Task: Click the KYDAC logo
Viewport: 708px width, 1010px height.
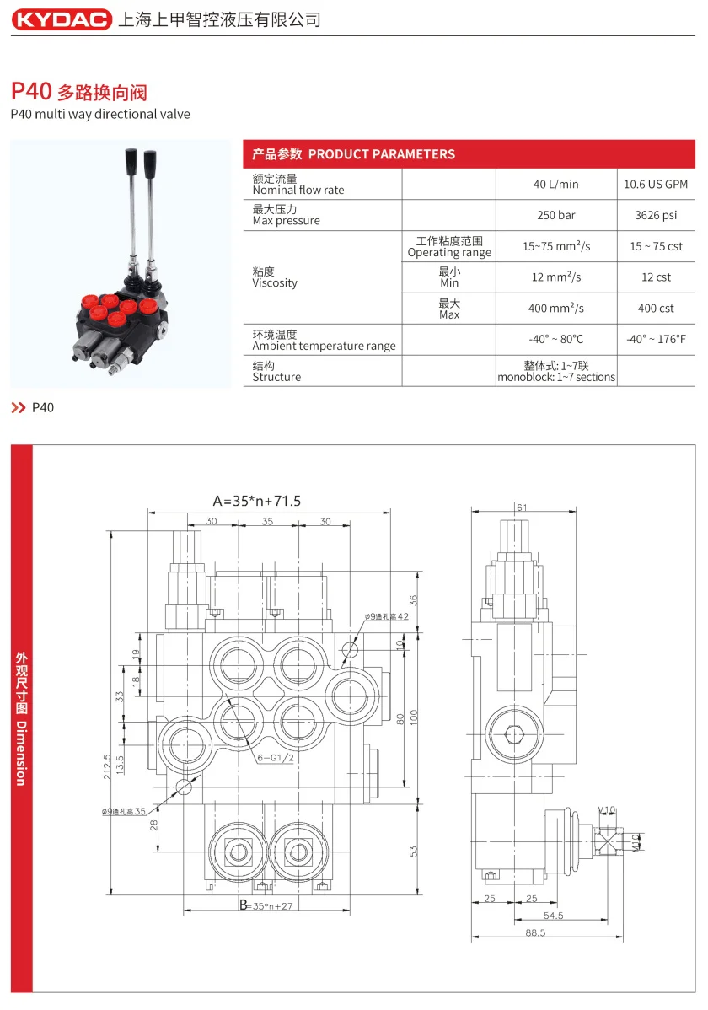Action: tap(62, 19)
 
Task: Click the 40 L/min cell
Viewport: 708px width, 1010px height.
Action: tap(555, 184)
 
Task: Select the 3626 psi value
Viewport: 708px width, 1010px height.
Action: tap(656, 215)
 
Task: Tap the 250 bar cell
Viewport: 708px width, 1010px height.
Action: tap(555, 215)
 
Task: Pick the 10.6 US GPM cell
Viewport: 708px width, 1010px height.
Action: tap(656, 184)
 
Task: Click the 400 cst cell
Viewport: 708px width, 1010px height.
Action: tap(656, 309)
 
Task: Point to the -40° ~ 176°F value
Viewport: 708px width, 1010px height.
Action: tap(656, 339)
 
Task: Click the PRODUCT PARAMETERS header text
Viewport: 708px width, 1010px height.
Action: tap(381, 154)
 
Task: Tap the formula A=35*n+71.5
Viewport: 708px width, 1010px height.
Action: tap(256, 501)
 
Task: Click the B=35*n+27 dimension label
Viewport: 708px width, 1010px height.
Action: tap(254, 906)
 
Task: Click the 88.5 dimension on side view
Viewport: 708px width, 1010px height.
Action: tap(535, 933)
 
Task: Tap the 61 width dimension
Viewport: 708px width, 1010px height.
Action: tap(522, 507)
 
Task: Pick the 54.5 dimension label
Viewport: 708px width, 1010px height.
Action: tap(553, 915)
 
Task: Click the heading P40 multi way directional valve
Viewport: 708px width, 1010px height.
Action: tap(100, 114)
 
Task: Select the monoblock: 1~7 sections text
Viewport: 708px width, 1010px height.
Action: tap(556, 377)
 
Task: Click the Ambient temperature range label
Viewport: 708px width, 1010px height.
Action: tap(324, 346)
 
